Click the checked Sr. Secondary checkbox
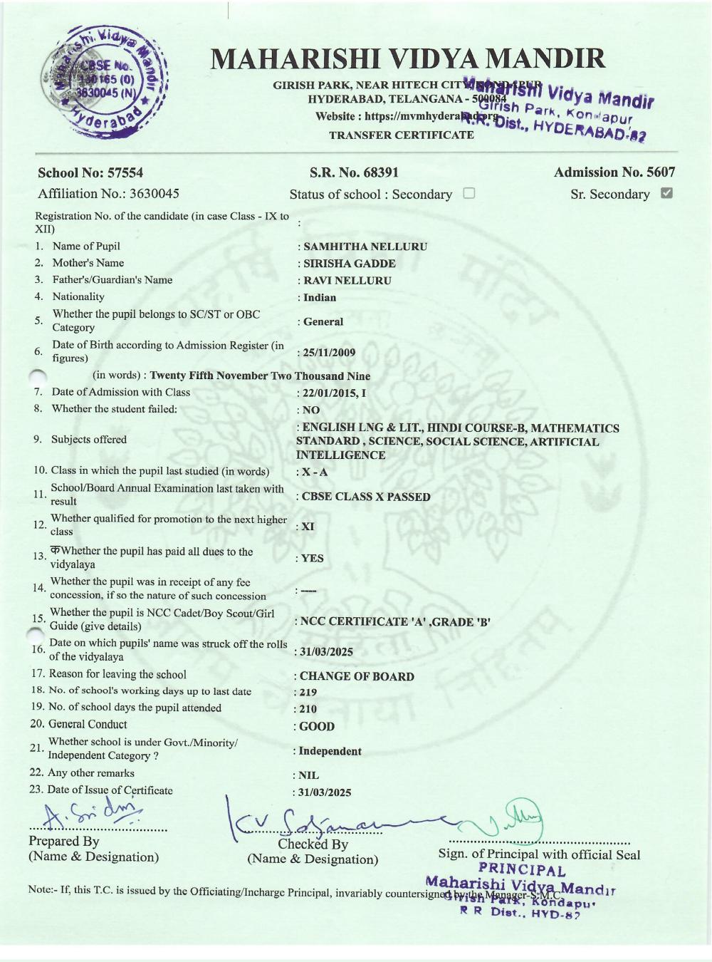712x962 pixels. (x=666, y=193)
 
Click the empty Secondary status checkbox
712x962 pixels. (x=468, y=193)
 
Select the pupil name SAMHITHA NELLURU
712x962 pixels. (x=365, y=247)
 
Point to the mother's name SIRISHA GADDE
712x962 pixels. (x=349, y=264)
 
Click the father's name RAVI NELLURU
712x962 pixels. (x=347, y=281)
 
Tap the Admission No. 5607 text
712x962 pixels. (x=614, y=172)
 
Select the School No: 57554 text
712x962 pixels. (x=90, y=172)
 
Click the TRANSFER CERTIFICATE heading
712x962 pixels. (x=401, y=135)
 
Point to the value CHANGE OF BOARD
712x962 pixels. (x=356, y=676)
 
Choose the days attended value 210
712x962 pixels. (x=308, y=709)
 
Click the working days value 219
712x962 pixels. (x=308, y=692)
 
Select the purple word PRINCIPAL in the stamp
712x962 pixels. (x=522, y=870)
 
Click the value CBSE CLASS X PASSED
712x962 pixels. (x=366, y=497)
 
